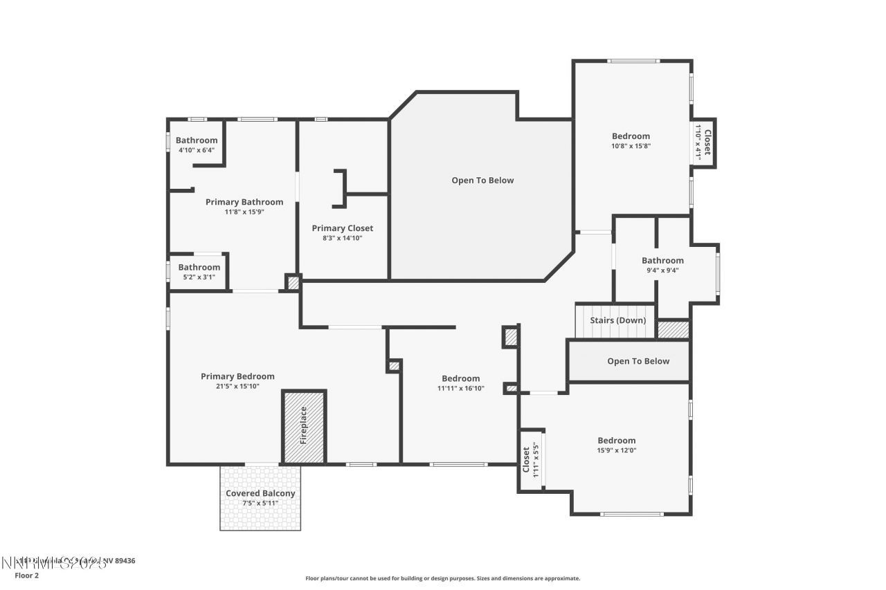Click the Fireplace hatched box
(304, 427)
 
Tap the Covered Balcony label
(260, 493)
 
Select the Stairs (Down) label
(617, 320)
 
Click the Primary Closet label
(342, 228)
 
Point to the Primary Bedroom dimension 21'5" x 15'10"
(237, 387)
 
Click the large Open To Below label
(482, 181)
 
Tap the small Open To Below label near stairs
(638, 361)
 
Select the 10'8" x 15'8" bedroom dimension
(631, 146)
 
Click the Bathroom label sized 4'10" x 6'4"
(197, 140)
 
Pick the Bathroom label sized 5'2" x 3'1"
(199, 267)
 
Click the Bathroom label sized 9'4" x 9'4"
(662, 261)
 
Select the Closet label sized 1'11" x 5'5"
(525, 460)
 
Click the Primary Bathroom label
(244, 202)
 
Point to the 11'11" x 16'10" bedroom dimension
(460, 389)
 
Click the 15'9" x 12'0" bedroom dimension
(617, 450)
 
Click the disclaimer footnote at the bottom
(443, 578)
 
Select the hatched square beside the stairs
(673, 329)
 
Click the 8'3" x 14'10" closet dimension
(342, 238)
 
